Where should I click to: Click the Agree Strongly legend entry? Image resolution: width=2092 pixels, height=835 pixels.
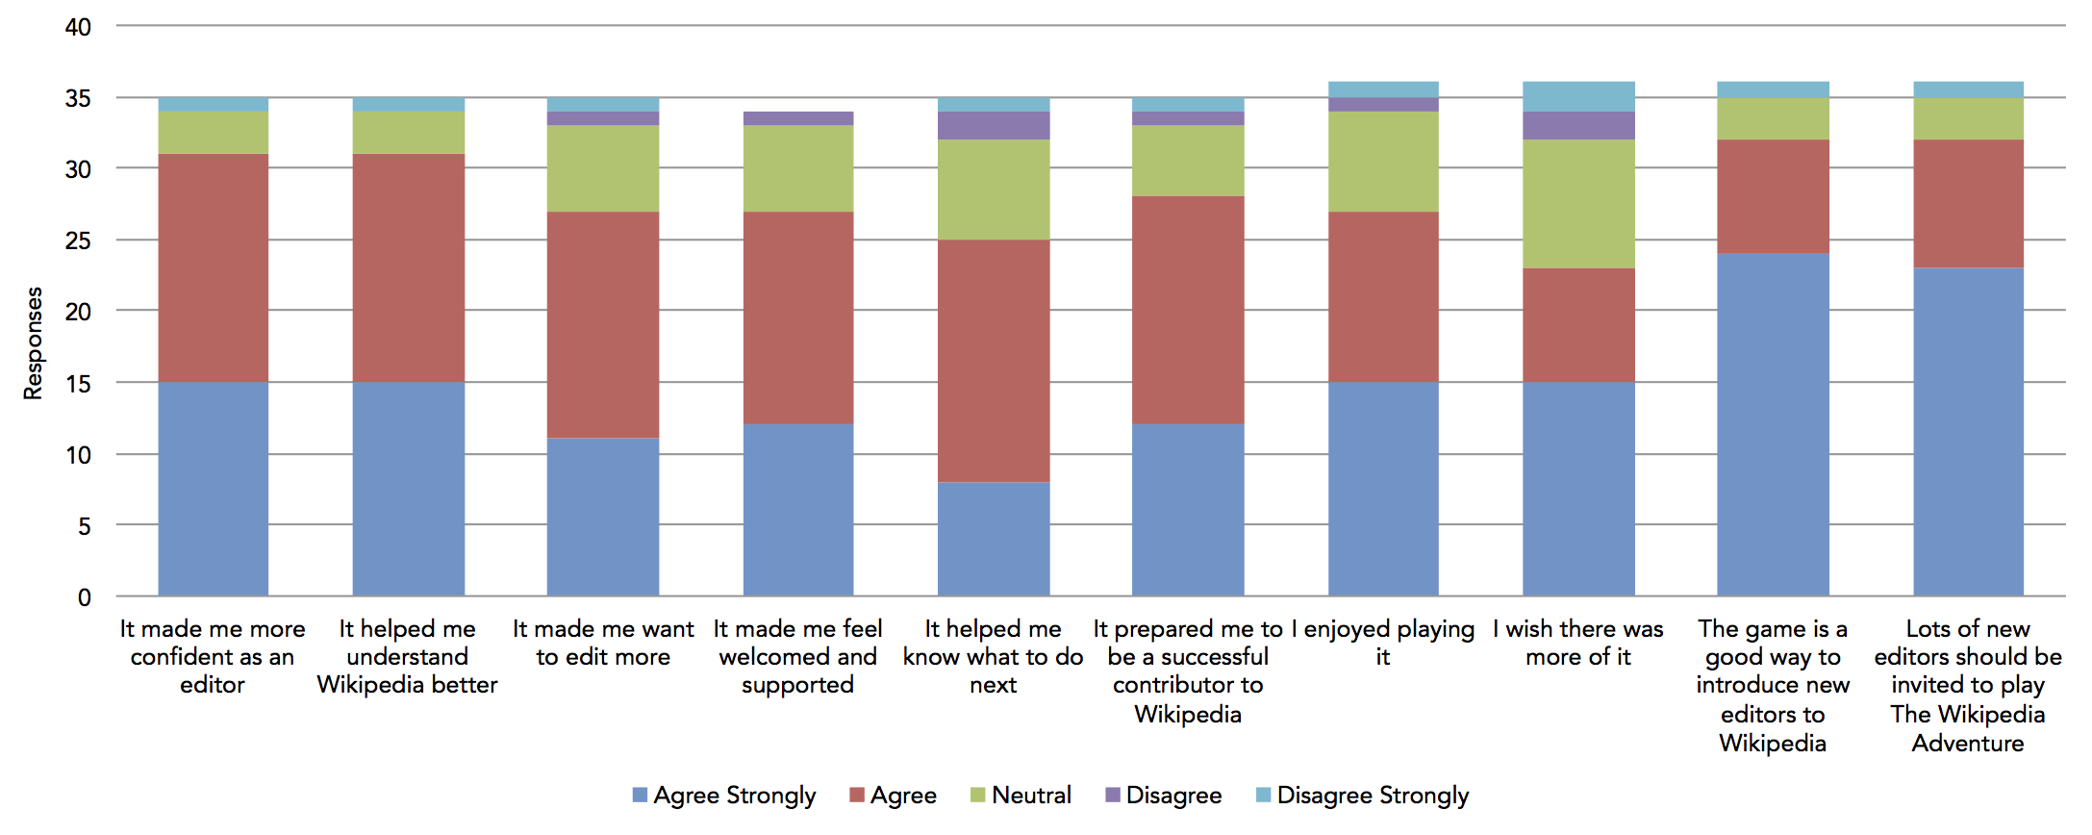(x=724, y=796)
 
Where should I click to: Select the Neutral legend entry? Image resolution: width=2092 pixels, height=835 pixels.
(x=1021, y=796)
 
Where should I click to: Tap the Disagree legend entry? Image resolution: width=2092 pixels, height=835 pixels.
(x=1164, y=796)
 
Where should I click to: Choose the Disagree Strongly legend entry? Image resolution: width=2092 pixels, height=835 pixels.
(x=1363, y=796)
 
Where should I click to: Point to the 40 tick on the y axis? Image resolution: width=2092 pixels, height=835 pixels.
(x=79, y=27)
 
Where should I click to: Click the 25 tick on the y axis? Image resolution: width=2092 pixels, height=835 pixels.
(x=79, y=240)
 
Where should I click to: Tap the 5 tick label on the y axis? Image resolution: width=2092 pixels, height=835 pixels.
(x=85, y=526)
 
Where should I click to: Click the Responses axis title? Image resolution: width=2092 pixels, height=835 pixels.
(x=34, y=343)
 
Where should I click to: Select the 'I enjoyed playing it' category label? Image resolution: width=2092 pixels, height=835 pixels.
(x=1383, y=643)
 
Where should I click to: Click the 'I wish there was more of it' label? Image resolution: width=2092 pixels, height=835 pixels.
(x=1578, y=643)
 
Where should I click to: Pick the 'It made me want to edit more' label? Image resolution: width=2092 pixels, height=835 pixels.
(x=603, y=643)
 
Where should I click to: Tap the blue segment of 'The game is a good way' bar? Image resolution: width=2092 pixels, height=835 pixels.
(x=1773, y=424)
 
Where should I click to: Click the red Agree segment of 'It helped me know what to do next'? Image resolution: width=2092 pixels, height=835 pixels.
(x=994, y=361)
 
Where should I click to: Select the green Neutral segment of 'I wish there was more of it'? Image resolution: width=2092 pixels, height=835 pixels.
(x=1578, y=204)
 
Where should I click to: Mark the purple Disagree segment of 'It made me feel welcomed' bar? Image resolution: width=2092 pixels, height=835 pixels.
(x=798, y=118)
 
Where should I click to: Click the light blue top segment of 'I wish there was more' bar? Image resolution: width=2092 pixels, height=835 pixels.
(x=1578, y=96)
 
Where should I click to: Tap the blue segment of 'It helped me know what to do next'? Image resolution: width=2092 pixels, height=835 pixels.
(x=994, y=539)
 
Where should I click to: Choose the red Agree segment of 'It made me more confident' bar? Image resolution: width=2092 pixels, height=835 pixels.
(x=214, y=267)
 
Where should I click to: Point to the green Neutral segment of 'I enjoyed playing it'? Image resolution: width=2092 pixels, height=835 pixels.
(x=1383, y=162)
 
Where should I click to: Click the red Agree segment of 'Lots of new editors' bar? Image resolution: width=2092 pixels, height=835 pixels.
(x=1968, y=204)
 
